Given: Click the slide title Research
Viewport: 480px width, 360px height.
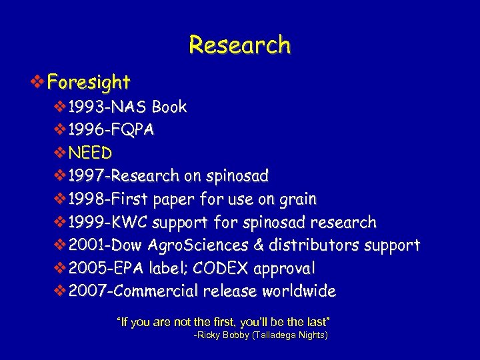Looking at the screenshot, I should click(x=240, y=45).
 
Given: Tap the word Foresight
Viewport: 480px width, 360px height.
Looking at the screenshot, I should click(x=89, y=83).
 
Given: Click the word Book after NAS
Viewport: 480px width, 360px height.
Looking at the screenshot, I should click(x=169, y=107).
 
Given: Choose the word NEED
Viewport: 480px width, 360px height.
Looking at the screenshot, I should click(x=90, y=153).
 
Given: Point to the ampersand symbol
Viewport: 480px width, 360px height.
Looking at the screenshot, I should click(x=259, y=245).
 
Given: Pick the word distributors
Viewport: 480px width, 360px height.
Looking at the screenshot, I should click(x=317, y=245).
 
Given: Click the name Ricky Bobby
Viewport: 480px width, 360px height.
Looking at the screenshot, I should click(x=222, y=336).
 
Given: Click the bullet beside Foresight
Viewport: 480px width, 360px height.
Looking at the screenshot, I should click(x=39, y=83).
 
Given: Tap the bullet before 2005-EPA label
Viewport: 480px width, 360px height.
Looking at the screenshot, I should click(x=60, y=269).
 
